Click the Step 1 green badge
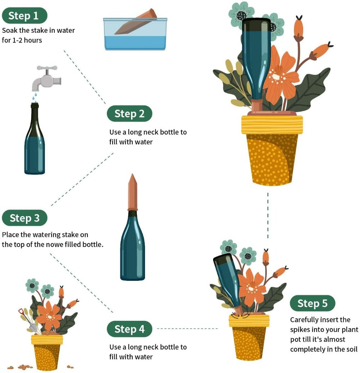click(x=24, y=15)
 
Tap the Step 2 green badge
click(x=129, y=114)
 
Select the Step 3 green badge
click(x=24, y=218)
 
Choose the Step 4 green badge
click(x=129, y=329)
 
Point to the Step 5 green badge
click(x=312, y=304)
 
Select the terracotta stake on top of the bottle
click(x=133, y=193)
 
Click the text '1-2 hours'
click(x=27, y=40)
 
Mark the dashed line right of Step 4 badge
click(x=187, y=328)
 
